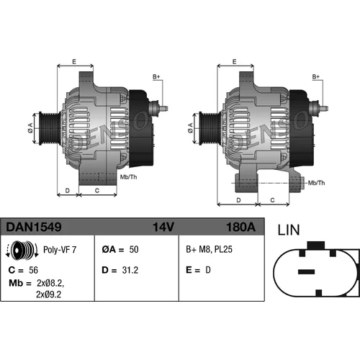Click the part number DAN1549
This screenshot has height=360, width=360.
coord(34,227)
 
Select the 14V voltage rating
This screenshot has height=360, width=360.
coord(163,227)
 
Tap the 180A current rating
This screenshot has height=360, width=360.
coord(240,227)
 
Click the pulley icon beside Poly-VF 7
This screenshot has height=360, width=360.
coord(22,250)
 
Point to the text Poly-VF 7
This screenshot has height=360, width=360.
coord(60,250)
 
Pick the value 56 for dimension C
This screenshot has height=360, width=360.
coord(33,270)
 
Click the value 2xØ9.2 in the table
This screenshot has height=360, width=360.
coord(49,294)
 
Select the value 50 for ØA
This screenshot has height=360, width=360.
coord(134,250)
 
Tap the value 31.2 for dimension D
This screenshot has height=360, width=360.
coord(130,270)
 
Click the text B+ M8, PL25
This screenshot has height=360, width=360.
coord(209,249)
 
